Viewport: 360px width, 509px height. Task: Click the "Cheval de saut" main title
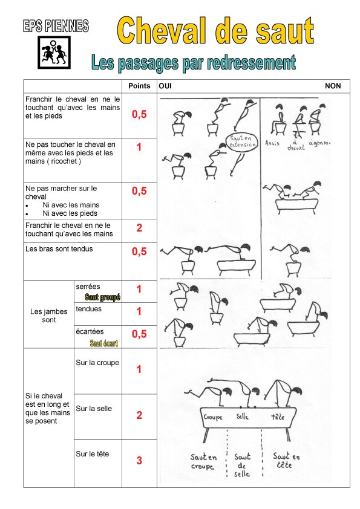[215, 31]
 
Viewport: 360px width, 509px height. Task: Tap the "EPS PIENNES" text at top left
[56, 26]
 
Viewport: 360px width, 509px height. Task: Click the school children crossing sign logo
[54, 52]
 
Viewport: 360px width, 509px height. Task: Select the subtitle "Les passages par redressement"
[194, 63]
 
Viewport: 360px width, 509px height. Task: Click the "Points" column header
[139, 86]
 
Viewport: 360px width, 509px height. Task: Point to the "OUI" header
[165, 86]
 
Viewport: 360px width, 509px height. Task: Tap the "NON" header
[333, 86]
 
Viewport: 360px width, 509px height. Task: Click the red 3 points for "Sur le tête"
[139, 460]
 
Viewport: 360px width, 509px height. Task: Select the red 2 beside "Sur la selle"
[139, 415]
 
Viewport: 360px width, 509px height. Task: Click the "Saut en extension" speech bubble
[242, 142]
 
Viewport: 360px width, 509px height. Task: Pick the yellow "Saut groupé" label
[103, 297]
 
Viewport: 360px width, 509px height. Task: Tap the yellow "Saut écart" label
[104, 343]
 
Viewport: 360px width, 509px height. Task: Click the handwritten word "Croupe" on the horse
[213, 417]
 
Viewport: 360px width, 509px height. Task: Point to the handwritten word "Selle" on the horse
[243, 416]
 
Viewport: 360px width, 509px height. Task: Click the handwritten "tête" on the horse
[278, 416]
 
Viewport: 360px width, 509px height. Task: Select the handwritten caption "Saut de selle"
[243, 465]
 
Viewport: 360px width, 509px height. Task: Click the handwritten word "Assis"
[272, 143]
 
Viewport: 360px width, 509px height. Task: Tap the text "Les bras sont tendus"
[59, 249]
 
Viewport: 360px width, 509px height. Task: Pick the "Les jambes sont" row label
[49, 316]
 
